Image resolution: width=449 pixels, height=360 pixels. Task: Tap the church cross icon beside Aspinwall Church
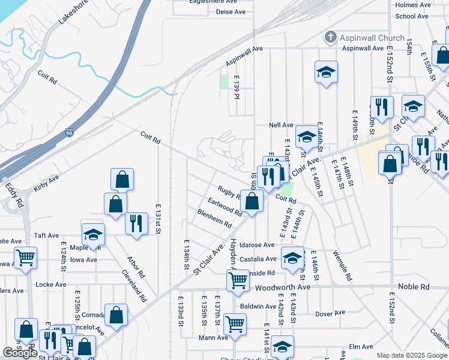[329, 37]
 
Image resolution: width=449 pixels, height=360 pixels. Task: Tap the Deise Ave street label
[231, 11]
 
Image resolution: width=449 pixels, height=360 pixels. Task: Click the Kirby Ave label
[46, 184]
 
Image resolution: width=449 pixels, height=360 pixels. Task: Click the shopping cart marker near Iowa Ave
[25, 257]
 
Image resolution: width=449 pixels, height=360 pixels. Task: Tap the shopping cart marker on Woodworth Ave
[238, 280]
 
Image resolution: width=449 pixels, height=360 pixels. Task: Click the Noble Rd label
[417, 287]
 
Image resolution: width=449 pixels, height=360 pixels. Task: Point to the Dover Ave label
[331, 313]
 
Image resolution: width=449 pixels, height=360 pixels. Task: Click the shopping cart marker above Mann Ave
[235, 323]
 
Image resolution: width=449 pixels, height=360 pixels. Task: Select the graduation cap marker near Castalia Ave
[292, 257]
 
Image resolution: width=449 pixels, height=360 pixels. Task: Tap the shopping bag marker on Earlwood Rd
[252, 200]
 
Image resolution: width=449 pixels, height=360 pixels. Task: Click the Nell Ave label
[281, 125]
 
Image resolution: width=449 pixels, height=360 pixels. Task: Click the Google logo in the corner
[20, 353]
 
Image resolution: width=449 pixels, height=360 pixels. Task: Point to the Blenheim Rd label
[214, 218]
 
